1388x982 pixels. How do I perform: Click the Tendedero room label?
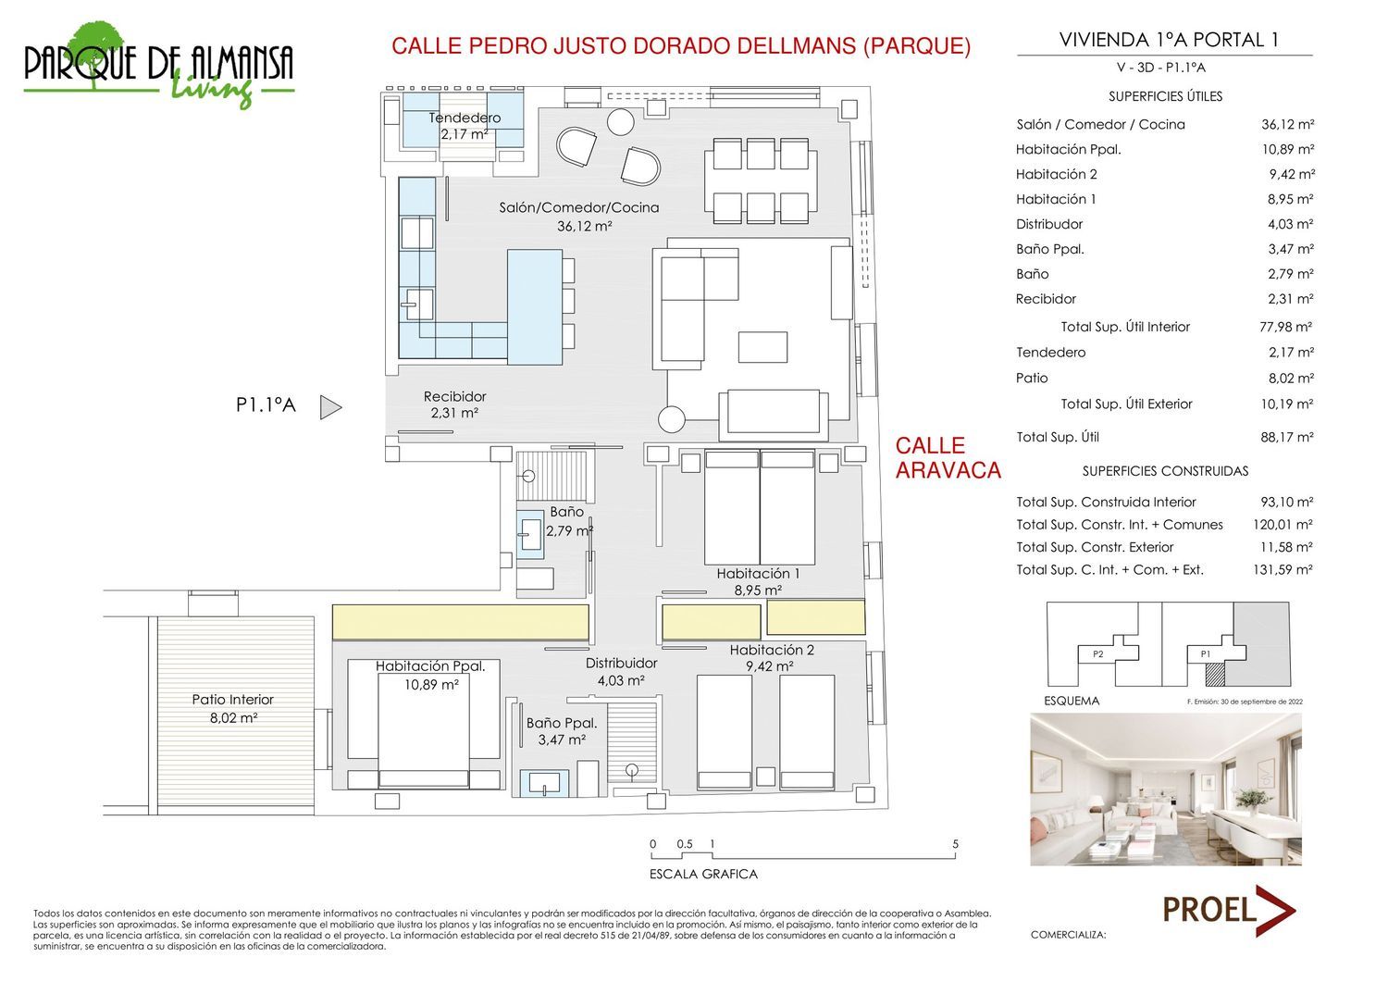pos(465,118)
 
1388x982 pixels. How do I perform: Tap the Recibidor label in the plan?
pos(455,397)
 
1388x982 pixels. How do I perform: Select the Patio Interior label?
pos(233,700)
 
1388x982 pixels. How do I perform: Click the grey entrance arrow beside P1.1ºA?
pos(330,407)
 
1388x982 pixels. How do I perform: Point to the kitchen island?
pos(535,307)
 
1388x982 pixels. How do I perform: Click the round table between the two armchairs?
pos(620,121)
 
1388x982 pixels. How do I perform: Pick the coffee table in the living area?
pos(762,346)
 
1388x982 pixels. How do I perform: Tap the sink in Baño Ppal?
pos(544,783)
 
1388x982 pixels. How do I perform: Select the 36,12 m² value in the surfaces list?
pos(1288,125)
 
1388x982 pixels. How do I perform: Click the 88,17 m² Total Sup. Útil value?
pos(1287,438)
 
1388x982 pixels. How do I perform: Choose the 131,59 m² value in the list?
pos(1283,570)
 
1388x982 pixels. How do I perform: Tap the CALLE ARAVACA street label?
pos(948,458)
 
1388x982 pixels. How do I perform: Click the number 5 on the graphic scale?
pos(956,844)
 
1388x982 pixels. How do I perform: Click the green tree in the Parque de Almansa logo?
pos(95,50)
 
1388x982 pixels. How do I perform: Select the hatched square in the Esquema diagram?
pos(1215,675)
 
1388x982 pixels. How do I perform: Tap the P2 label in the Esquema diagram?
pos(1098,654)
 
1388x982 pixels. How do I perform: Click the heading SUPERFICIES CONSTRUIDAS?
pos(1165,472)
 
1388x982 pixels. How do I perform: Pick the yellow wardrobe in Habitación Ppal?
pos(461,623)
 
